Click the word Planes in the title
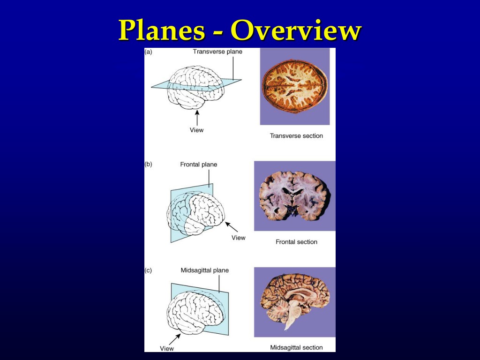(x=162, y=30)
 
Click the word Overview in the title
(x=296, y=30)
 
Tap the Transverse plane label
(x=217, y=52)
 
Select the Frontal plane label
(x=199, y=165)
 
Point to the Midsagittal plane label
(x=205, y=270)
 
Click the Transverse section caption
(x=296, y=135)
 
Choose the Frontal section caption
(x=296, y=242)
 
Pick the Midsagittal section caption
(x=296, y=347)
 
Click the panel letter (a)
(x=148, y=52)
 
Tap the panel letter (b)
(x=148, y=165)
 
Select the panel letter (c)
(x=148, y=270)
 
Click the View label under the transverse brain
(x=196, y=130)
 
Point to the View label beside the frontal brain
(x=239, y=238)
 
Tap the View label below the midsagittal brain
(x=167, y=348)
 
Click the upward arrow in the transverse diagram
(x=197, y=118)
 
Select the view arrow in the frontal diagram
(x=232, y=227)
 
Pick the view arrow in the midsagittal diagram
(x=175, y=339)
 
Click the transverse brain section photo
(x=295, y=87)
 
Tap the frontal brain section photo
(x=294, y=196)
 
